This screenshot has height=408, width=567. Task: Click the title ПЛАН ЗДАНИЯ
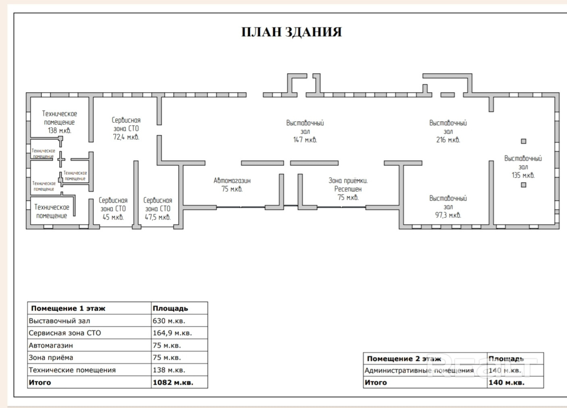pyautogui.click(x=291, y=32)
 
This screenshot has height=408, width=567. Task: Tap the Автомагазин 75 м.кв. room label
pyautogui.click(x=232, y=185)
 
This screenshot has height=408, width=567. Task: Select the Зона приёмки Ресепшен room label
pyautogui.click(x=348, y=189)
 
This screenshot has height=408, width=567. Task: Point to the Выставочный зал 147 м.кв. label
pyautogui.click(x=305, y=131)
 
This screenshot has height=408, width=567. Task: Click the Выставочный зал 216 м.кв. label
pyautogui.click(x=448, y=131)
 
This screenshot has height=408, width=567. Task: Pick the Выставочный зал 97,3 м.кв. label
pyautogui.click(x=448, y=207)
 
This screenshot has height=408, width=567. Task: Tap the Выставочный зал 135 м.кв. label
pyautogui.click(x=523, y=167)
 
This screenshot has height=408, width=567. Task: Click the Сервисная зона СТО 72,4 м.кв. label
pyautogui.click(x=126, y=128)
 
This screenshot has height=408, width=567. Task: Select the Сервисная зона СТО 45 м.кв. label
pyautogui.click(x=113, y=209)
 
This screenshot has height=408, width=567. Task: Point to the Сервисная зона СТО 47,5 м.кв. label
pyautogui.click(x=158, y=209)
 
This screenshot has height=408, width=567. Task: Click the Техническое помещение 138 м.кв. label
pyautogui.click(x=59, y=122)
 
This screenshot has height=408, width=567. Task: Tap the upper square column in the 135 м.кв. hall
pyautogui.click(x=523, y=141)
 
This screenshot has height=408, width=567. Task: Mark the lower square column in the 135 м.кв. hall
pyautogui.click(x=523, y=185)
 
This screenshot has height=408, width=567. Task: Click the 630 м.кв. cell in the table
pyautogui.click(x=169, y=321)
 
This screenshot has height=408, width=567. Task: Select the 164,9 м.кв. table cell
pyautogui.click(x=172, y=333)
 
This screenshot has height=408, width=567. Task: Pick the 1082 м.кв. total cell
pyautogui.click(x=173, y=383)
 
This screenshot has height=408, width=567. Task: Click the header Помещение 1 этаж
pyautogui.click(x=68, y=309)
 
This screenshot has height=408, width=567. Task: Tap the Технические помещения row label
pyautogui.click(x=72, y=370)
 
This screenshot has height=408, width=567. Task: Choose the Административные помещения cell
pyautogui.click(x=419, y=371)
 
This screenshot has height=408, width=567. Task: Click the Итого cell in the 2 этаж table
pyautogui.click(x=376, y=383)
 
